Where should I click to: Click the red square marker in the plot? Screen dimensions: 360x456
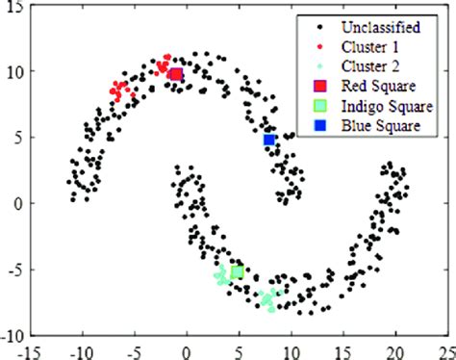point(175,74)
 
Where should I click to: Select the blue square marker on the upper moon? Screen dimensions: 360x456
point(269,141)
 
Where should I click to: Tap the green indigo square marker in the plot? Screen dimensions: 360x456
point(237,272)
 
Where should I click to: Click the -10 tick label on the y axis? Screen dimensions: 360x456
point(12,336)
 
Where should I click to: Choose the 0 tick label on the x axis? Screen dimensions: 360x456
point(187,350)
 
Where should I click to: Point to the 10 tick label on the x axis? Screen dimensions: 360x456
point(291,350)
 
